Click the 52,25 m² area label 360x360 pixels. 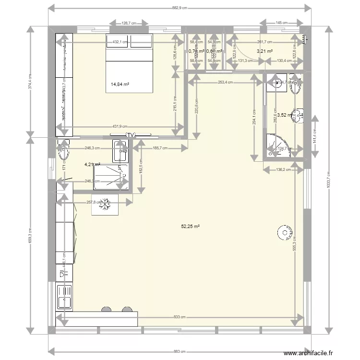[190, 227]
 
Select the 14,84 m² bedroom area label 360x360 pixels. [120, 84]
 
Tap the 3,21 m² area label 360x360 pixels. [264, 51]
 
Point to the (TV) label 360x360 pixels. [130, 135]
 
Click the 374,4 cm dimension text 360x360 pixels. [30, 82]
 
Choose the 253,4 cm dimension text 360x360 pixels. [225, 82]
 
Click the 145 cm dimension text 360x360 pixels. [282, 23]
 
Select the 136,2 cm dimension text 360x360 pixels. [283, 168]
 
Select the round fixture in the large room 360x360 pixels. [284, 232]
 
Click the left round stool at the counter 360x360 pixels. [105, 310]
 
